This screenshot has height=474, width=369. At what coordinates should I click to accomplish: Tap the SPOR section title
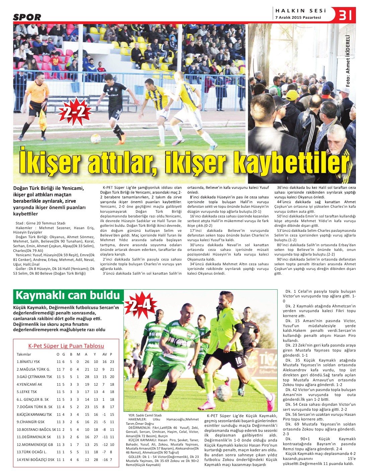tap(27, 17)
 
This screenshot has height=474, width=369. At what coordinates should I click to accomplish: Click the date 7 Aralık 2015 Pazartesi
tap(298, 17)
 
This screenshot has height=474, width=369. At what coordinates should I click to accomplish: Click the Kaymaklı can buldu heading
tap(68, 296)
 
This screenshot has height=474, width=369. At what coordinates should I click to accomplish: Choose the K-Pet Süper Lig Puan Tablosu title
tap(66, 346)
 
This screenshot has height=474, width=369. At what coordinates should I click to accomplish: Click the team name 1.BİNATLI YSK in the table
tap(28, 362)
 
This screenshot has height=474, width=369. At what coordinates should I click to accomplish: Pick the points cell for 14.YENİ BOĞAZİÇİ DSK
tap(111, 460)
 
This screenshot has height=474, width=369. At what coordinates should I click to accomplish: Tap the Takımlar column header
tap(24, 354)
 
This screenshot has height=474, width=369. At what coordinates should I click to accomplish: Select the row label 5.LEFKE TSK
tap(27, 392)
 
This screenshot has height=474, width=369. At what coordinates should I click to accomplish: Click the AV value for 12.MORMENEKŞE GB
tap(105, 445)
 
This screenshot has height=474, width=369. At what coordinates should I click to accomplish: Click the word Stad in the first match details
tap(19, 223)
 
